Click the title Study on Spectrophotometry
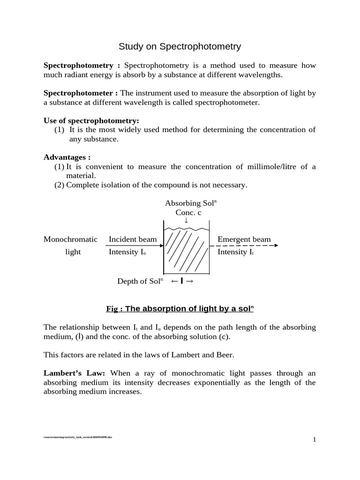pos(180,46)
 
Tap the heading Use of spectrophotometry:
pos(91,120)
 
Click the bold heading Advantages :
pos(67,157)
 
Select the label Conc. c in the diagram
pos(188,212)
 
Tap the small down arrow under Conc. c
pos(186,220)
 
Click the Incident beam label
pos(133,240)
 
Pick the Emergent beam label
pos(244,240)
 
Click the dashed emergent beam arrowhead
pos(276,246)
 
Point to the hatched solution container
pos(186,250)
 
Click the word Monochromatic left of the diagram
pos(70,240)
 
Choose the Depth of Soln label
pos(140,281)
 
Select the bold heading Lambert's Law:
pos(74,373)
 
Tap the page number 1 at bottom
pos(315,439)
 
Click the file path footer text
pos(78,437)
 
